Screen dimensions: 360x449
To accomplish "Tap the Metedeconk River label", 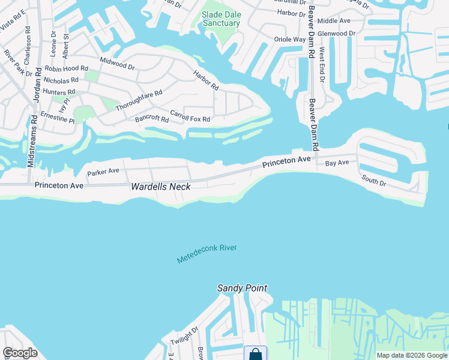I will pos(207,254).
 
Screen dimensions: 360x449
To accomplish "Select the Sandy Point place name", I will pos(242,289).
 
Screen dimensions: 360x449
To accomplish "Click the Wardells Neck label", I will pos(161,187).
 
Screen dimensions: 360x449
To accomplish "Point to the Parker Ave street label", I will pos(103,172).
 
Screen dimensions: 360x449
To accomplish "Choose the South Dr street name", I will pos(373,179).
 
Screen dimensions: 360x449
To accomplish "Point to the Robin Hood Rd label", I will pos(65,69).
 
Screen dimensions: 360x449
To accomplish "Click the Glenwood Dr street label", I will pos(337,34).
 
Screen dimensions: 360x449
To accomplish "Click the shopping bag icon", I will pos(255,353).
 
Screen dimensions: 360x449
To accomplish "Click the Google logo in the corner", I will pos(20,353).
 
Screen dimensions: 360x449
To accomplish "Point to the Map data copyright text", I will pos(411,355).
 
